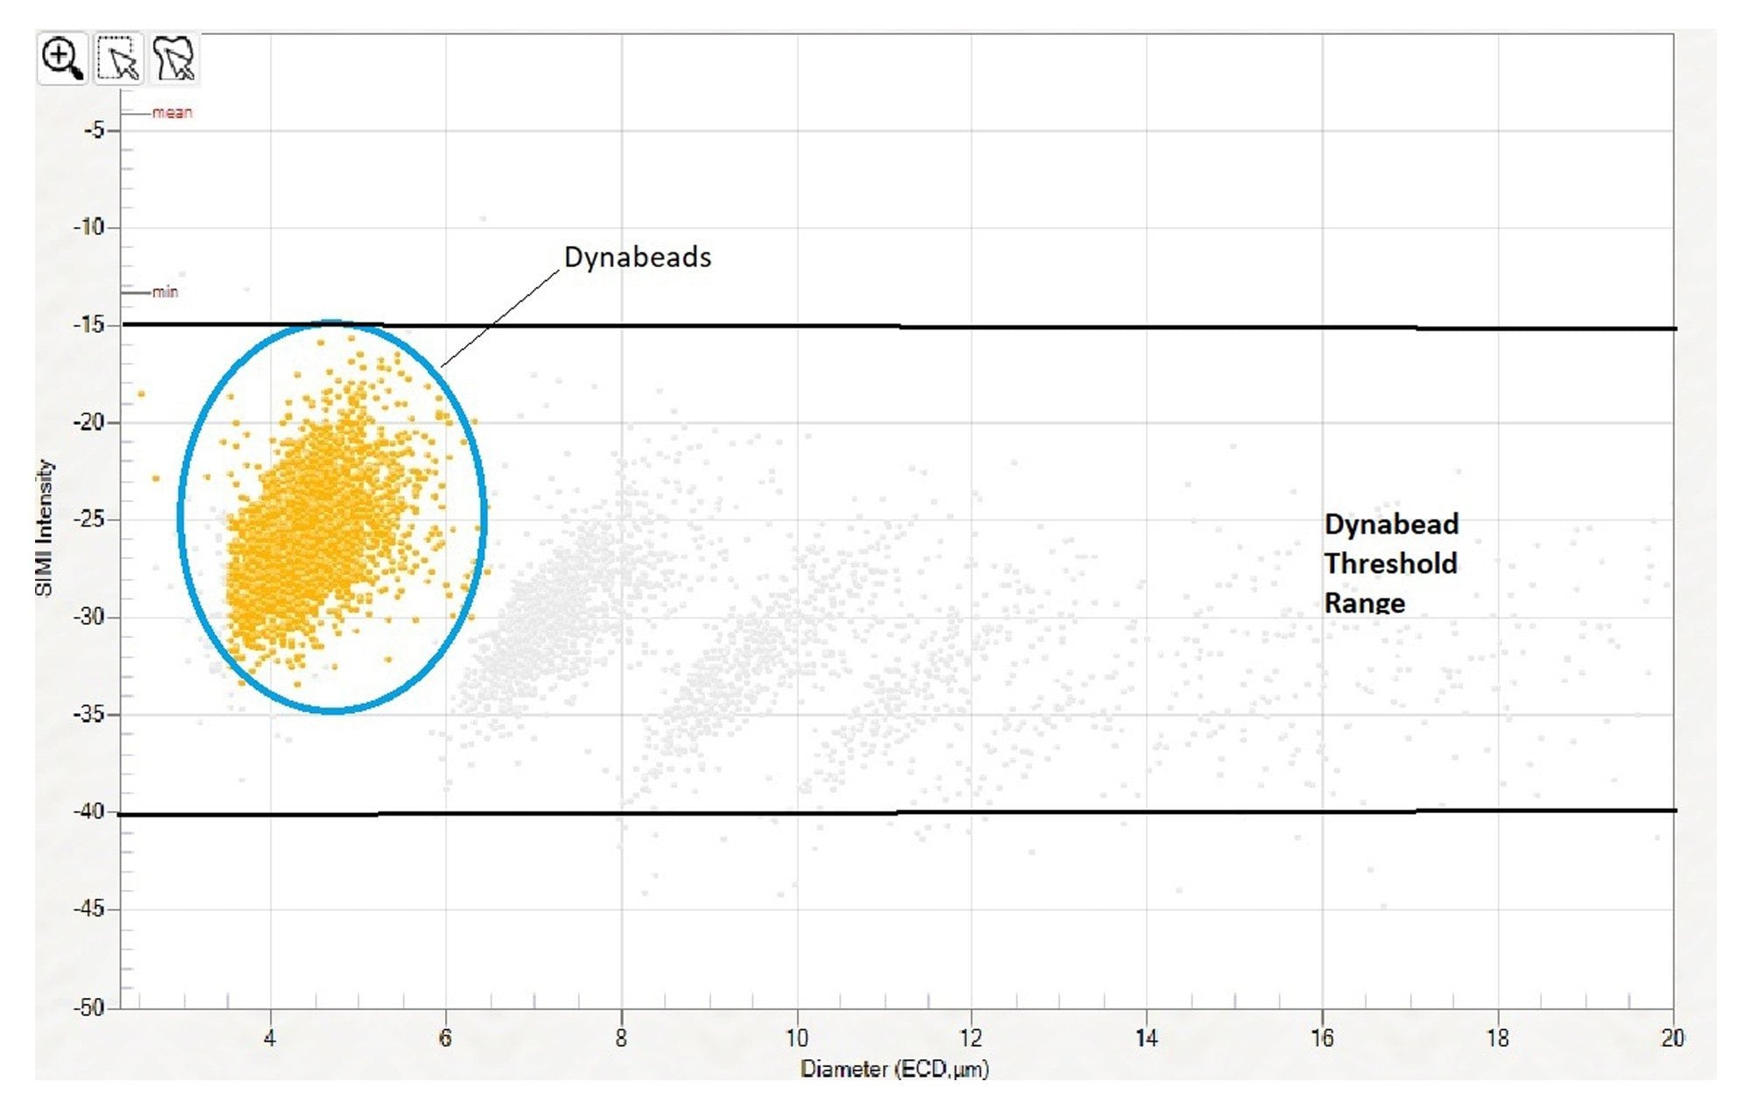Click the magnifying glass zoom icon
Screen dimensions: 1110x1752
pyautogui.click(x=61, y=59)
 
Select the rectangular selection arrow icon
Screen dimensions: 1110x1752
pyautogui.click(x=119, y=59)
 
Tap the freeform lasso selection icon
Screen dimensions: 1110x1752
pyautogui.click(x=174, y=59)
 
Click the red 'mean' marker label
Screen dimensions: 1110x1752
pyautogui.click(x=172, y=112)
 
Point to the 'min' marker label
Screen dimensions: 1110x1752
pyautogui.click(x=165, y=292)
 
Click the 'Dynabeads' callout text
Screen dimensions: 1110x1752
pyautogui.click(x=637, y=257)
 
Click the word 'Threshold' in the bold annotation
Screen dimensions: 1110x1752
pyautogui.click(x=1390, y=562)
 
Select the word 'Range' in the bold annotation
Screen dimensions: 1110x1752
pyautogui.click(x=1364, y=602)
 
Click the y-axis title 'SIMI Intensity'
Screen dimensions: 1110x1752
pyautogui.click(x=44, y=528)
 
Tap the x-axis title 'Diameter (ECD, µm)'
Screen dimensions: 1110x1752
pyautogui.click(x=894, y=1069)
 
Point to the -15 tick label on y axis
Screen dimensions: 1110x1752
pyautogui.click(x=88, y=325)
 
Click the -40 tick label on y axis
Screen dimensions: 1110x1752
pyautogui.click(x=88, y=811)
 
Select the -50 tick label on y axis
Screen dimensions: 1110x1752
pyautogui.click(x=88, y=1007)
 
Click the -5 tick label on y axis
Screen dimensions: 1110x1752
pyautogui.click(x=93, y=131)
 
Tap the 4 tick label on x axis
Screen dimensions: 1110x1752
pyautogui.click(x=270, y=1038)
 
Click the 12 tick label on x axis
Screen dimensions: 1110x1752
pyautogui.click(x=971, y=1038)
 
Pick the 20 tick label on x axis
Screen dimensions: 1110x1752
pyautogui.click(x=1671, y=1038)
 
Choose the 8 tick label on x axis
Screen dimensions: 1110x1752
pyautogui.click(x=621, y=1038)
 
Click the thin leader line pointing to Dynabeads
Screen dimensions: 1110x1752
pyautogui.click(x=499, y=319)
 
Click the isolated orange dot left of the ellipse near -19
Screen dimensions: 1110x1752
pyautogui.click(x=141, y=394)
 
